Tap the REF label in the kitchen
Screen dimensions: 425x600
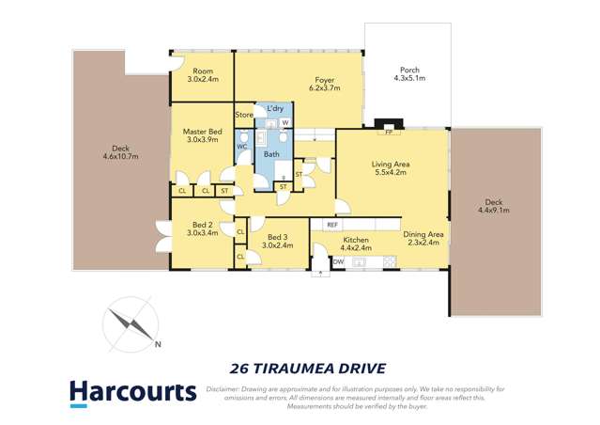coord(331,225)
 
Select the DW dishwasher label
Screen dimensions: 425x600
coord(339,261)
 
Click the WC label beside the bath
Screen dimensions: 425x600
coord(241,147)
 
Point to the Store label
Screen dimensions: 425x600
coord(244,115)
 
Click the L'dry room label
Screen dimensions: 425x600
coord(275,109)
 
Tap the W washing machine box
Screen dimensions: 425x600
coord(285,123)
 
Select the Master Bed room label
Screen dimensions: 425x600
coord(202,132)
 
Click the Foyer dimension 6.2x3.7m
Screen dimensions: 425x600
coord(324,88)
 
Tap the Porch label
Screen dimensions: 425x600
coord(409,70)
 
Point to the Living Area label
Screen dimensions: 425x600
coord(390,164)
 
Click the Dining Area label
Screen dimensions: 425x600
coord(423,234)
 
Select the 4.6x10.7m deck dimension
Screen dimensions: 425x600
coord(119,156)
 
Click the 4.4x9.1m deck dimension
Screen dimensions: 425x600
coord(493,211)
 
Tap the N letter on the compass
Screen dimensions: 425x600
coord(158,344)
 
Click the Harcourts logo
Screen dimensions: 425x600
coord(131,391)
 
